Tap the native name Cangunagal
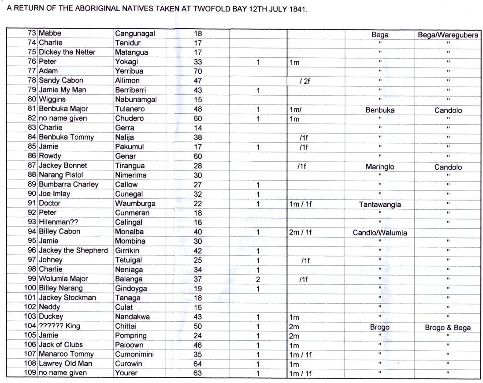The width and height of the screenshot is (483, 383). [135, 33]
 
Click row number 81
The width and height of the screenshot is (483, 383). [32, 109]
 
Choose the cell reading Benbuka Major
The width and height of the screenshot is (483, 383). [63, 109]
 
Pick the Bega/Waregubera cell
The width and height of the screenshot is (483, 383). [448, 33]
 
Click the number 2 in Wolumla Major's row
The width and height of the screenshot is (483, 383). [258, 279]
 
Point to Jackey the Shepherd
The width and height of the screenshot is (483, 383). [73, 251]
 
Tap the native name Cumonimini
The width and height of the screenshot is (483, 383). [138, 354]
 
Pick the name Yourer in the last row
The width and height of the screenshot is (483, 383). [126, 373]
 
